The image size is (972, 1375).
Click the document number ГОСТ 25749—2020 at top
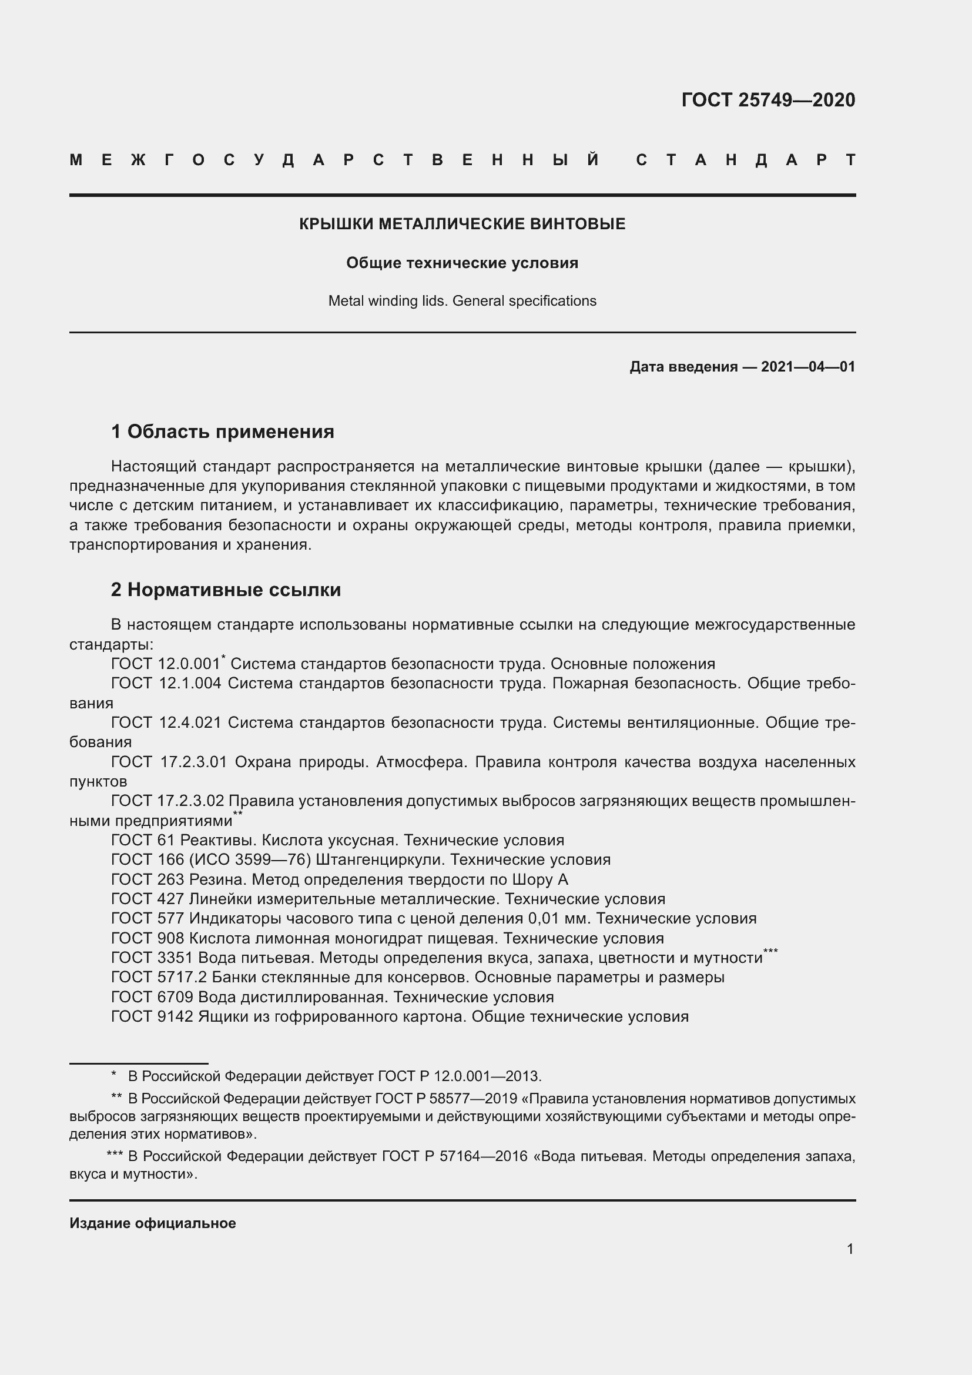click(x=768, y=100)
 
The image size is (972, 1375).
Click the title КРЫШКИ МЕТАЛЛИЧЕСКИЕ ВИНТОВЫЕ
click(x=462, y=224)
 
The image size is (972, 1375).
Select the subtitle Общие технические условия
click(x=462, y=263)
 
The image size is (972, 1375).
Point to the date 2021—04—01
click(x=807, y=366)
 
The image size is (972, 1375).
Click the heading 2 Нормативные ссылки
click(x=226, y=589)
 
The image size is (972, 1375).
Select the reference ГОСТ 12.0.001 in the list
click(x=166, y=664)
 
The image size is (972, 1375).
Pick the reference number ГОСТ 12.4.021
click(x=166, y=723)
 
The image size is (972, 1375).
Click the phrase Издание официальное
click(x=153, y=1223)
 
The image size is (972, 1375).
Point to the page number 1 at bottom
click(x=850, y=1249)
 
